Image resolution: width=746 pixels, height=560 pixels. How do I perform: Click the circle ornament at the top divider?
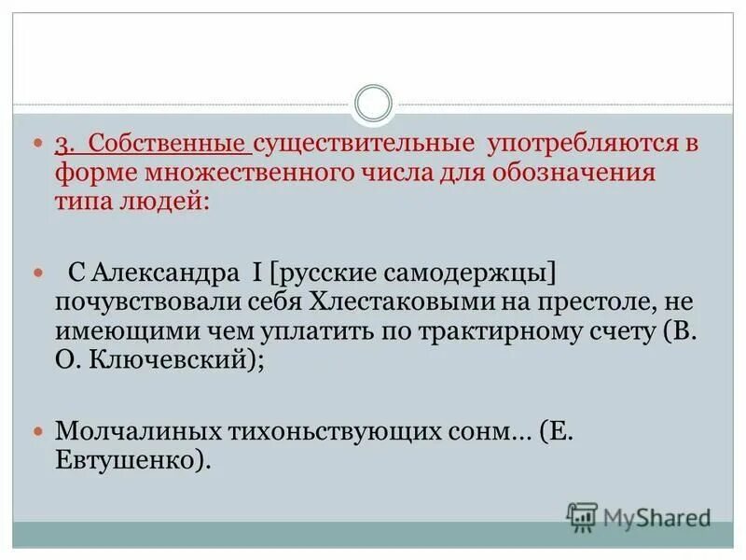374,103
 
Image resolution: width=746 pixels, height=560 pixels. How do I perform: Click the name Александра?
164,273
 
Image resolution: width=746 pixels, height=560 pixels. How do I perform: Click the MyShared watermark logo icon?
583,516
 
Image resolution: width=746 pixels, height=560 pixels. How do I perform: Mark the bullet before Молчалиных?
38,431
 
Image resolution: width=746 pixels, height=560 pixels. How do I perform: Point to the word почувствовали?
143,303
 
